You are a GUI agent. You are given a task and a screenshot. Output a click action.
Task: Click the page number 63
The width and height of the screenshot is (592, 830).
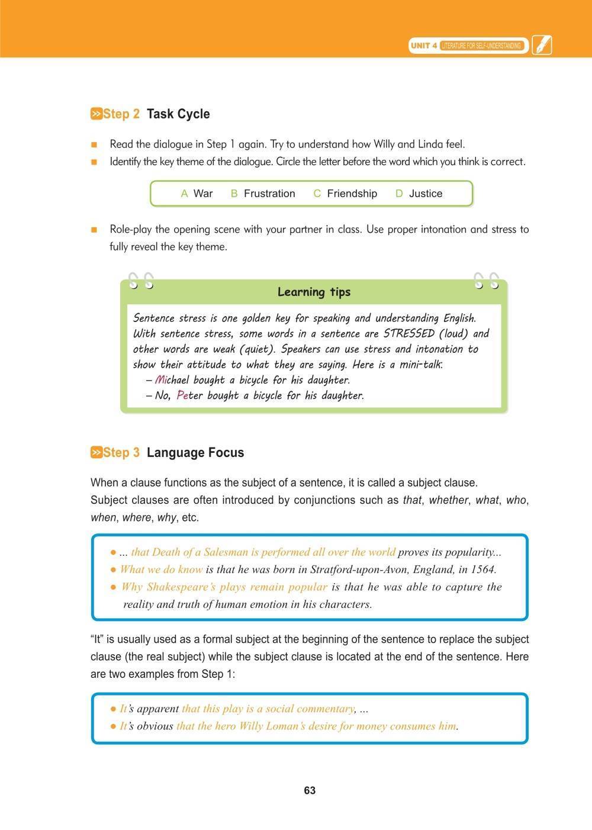(309, 791)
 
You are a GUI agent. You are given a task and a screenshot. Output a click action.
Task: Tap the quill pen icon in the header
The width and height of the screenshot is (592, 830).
(542, 45)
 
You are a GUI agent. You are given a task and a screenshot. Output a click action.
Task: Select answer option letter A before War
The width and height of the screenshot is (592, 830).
(184, 194)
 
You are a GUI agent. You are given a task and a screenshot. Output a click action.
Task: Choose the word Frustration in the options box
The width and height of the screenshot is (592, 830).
(269, 194)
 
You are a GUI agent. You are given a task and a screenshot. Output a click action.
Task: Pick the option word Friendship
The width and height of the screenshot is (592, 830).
(352, 194)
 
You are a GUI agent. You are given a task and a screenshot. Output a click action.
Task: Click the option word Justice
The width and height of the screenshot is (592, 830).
(426, 194)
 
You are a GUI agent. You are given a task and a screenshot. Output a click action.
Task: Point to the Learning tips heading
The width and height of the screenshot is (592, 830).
(314, 292)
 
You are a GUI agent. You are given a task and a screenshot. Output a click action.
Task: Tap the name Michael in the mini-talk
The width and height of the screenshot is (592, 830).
(172, 380)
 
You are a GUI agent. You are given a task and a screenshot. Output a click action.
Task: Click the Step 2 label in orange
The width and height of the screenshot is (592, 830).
(121, 114)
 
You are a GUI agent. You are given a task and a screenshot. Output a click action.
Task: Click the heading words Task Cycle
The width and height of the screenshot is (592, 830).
(178, 114)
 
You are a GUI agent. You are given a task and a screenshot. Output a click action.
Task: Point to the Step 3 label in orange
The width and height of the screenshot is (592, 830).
(121, 453)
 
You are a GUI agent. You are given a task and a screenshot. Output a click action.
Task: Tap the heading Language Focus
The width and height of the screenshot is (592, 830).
(195, 453)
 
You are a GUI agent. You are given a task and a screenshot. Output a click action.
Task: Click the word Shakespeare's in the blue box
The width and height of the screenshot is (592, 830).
(180, 587)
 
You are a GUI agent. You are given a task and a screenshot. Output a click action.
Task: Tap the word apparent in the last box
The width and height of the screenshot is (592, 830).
(157, 709)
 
